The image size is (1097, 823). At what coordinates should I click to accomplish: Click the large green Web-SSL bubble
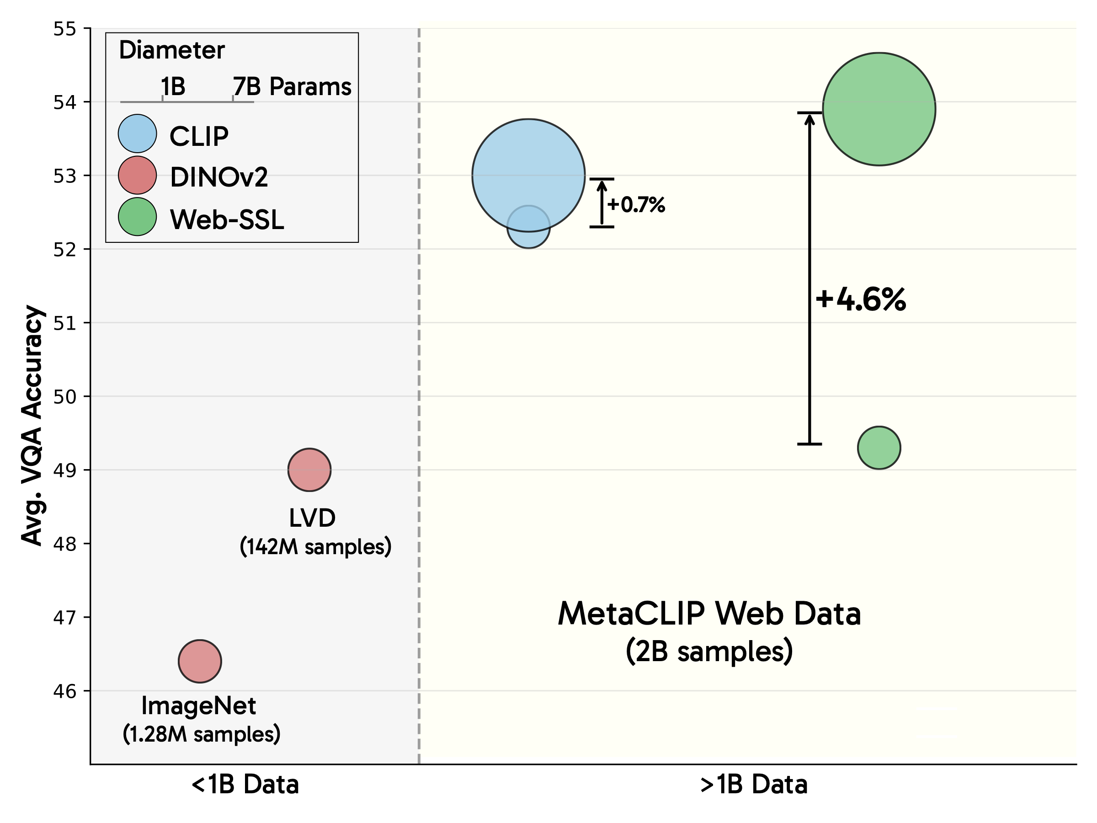(x=879, y=109)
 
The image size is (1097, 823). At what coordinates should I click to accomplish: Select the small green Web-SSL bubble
(x=879, y=448)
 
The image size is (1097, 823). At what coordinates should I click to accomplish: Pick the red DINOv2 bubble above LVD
(x=309, y=470)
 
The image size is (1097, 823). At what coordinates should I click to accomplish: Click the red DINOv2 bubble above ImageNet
(x=200, y=661)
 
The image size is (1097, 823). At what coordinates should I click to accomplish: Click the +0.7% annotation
(x=636, y=204)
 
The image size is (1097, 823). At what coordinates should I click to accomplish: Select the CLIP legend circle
(x=138, y=134)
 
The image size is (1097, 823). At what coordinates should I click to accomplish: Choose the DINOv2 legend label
(x=218, y=177)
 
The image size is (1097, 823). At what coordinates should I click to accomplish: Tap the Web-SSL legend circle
(x=138, y=217)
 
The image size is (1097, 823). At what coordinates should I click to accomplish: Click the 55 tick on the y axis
(x=65, y=29)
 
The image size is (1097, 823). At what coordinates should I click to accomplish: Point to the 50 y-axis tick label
(x=65, y=397)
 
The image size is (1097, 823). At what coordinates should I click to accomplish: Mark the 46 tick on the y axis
(x=65, y=691)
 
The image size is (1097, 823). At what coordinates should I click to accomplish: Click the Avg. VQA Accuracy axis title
(x=32, y=426)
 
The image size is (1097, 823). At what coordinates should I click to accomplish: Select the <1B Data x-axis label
(x=245, y=785)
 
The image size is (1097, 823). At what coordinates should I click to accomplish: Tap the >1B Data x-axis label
(x=754, y=785)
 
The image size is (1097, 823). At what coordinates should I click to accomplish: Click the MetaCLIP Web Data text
(x=709, y=614)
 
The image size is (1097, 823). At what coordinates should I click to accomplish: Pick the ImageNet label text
(x=199, y=705)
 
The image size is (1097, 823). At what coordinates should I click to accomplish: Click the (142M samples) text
(x=315, y=547)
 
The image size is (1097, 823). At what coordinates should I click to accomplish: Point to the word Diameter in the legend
(x=171, y=50)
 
